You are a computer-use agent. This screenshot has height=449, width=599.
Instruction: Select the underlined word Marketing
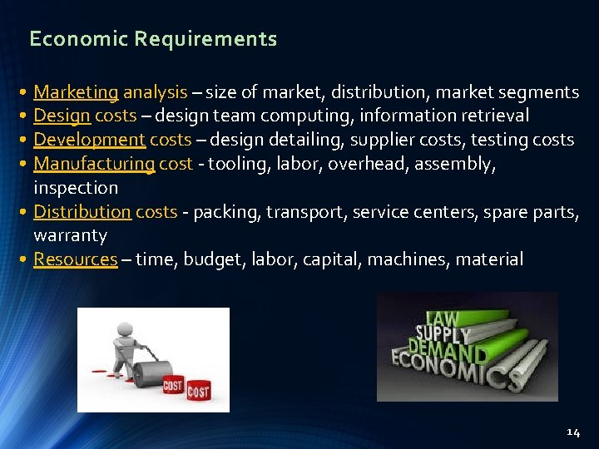tap(76, 91)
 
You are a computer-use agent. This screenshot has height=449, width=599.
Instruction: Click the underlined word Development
tap(89, 140)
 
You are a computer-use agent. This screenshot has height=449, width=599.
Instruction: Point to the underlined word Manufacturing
tap(94, 164)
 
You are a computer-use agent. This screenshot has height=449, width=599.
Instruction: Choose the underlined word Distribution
tap(82, 212)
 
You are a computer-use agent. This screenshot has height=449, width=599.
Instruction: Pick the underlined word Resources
tap(75, 259)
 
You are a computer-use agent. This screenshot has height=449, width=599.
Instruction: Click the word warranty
tap(70, 236)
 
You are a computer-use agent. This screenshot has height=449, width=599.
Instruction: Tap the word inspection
tap(76, 188)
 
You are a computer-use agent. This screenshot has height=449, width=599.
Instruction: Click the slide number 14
tap(572, 432)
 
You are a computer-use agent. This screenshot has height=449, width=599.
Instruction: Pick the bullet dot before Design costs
tap(26, 116)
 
